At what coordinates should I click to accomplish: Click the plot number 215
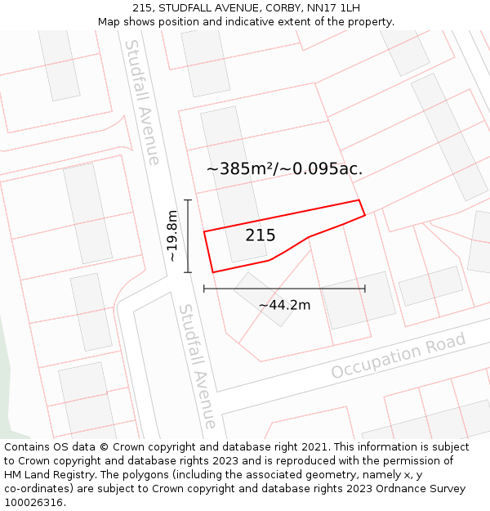(261, 235)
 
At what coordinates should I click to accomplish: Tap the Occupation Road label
(399, 356)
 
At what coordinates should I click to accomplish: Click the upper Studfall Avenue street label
(141, 102)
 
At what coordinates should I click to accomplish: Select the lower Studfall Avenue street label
(198, 366)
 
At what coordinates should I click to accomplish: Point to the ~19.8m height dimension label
(172, 235)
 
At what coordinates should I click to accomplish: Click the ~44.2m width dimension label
(284, 305)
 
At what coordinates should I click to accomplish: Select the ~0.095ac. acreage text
(322, 169)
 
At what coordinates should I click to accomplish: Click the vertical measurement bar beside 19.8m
(189, 235)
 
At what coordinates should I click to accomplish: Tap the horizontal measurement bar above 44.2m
(284, 288)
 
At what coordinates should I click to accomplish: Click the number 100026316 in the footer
(33, 503)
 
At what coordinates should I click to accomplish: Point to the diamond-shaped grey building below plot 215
(264, 299)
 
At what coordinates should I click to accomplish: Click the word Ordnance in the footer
(411, 489)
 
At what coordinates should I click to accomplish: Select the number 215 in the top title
(142, 8)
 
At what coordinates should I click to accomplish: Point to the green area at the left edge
(5, 384)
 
